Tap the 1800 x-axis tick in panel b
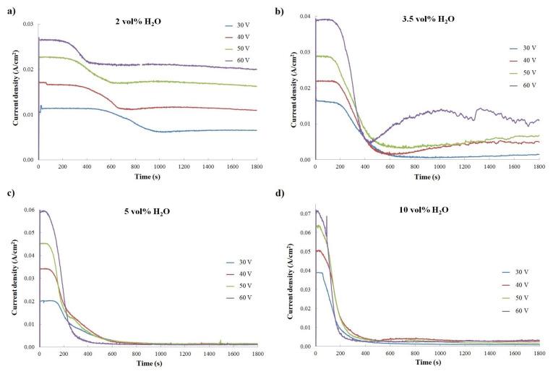[x=538, y=166]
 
